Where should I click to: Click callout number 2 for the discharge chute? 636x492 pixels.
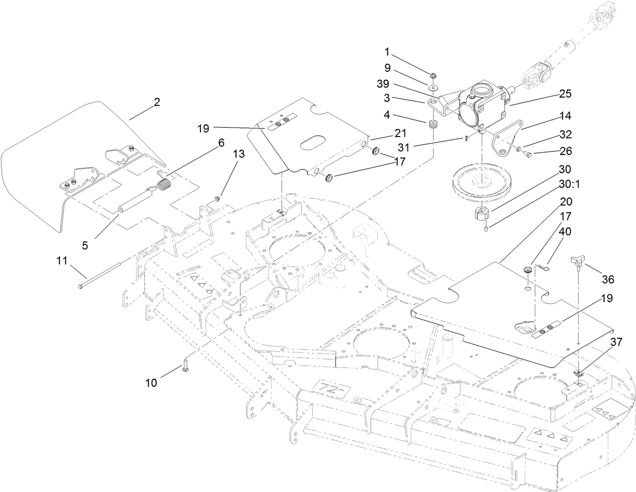coord(157,102)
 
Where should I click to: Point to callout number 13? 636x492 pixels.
coord(239,154)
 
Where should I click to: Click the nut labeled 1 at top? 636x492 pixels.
coord(433,76)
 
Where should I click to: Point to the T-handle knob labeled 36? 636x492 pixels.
coord(577,261)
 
